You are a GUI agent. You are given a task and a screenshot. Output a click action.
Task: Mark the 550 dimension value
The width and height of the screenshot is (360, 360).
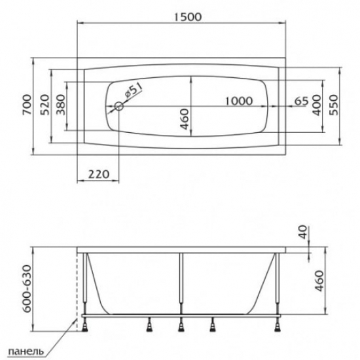(335, 108)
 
